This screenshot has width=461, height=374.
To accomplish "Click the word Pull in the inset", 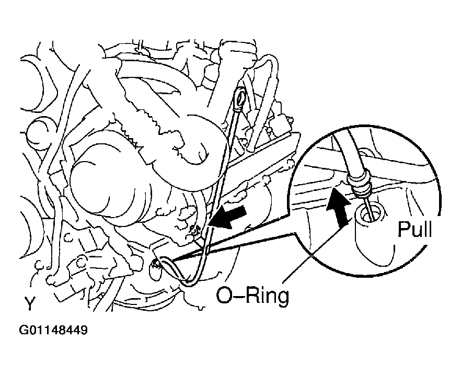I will click(415, 229).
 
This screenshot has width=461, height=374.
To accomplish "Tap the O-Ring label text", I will click(252, 296).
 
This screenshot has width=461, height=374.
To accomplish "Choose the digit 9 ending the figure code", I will click(84, 331).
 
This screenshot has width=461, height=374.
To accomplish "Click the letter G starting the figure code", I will click(23, 331).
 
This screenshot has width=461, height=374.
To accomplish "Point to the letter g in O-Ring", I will click(281, 298).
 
